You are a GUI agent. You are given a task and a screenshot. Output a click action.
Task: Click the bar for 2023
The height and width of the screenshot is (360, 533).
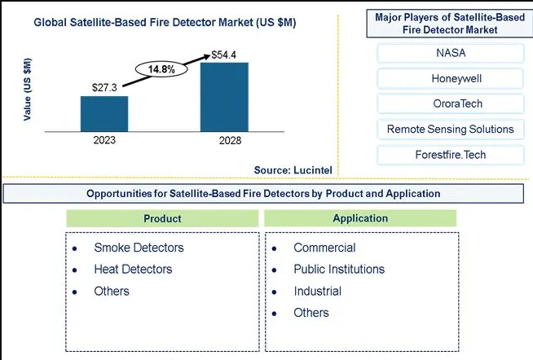104,114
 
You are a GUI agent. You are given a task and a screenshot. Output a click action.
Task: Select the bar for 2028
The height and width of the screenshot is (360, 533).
224,97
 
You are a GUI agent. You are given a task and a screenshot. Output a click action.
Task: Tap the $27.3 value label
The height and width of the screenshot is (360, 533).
104,88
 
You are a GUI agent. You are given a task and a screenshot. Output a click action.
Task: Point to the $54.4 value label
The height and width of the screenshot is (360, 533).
223,55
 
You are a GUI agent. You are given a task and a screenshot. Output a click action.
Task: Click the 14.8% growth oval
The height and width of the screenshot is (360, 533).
161,69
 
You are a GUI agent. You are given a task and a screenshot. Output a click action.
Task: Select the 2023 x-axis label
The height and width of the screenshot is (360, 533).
104,140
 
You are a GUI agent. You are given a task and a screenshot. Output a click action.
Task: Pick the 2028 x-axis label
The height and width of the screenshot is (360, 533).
230,140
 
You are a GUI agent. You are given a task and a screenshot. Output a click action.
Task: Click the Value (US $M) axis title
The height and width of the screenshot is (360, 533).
27,90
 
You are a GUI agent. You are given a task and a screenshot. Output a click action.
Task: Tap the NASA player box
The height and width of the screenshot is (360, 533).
451,53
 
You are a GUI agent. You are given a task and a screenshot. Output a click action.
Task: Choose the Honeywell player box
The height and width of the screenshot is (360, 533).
451,78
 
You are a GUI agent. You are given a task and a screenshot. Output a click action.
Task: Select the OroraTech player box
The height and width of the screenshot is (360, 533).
451,103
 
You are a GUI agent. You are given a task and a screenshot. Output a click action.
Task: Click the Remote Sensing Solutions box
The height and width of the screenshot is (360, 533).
451,129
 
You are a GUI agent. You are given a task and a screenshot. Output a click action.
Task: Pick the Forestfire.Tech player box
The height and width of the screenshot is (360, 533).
451,155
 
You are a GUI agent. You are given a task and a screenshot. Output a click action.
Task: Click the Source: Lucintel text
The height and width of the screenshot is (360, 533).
293,170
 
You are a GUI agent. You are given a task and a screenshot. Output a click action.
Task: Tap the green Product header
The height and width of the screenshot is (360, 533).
162,218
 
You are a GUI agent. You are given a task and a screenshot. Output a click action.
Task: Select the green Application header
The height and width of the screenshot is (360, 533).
360,218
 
